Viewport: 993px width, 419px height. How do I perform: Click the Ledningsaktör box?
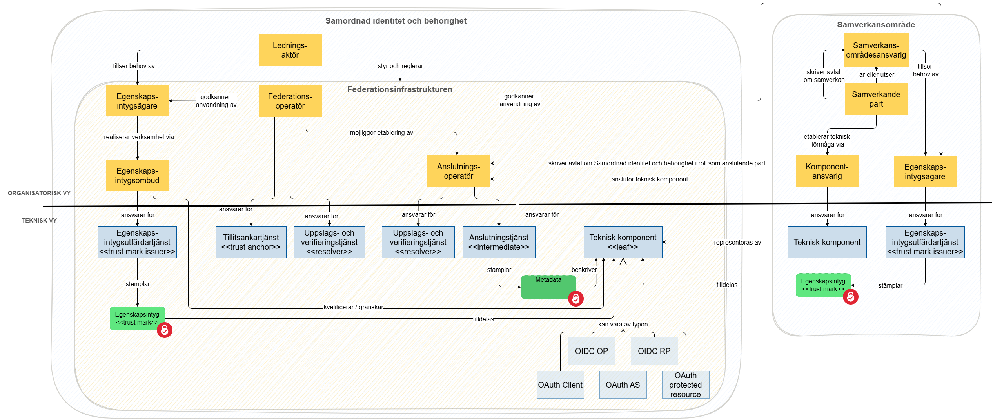click(290, 50)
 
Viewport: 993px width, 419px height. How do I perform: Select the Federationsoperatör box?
click(290, 101)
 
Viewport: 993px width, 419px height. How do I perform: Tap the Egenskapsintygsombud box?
click(137, 175)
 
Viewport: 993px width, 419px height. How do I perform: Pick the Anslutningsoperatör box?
click(458, 171)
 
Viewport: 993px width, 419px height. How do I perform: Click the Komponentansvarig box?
click(827, 171)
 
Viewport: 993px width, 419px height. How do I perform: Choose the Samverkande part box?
click(876, 99)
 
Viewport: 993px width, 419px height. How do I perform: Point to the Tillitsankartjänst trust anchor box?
click(251, 242)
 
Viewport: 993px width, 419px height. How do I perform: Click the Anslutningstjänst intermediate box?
click(499, 242)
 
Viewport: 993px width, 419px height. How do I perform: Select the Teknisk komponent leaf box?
click(623, 242)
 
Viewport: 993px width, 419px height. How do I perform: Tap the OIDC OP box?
click(591, 351)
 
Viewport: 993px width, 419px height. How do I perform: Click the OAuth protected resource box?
click(685, 385)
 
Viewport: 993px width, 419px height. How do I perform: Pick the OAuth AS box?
click(623, 385)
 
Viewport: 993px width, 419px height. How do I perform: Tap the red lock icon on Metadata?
click(575, 299)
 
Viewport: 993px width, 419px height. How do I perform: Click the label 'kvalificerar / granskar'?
click(353, 307)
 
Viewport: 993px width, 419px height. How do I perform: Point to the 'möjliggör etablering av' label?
click(381, 132)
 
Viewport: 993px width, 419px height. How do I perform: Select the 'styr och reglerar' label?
click(400, 66)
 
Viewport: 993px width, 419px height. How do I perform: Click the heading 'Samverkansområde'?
click(876, 25)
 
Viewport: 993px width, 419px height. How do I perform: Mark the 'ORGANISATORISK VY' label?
click(39, 193)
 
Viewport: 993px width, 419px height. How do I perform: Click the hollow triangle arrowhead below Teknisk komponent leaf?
click(623, 262)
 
